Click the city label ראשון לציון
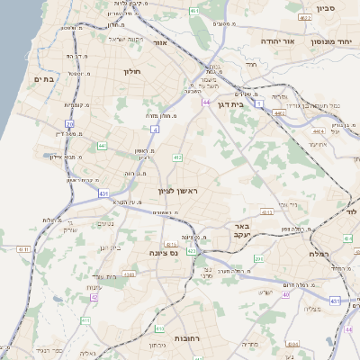(x=176, y=190)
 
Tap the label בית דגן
(x=231, y=105)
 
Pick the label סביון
(x=326, y=9)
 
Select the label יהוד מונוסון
(x=330, y=41)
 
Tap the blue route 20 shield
(x=69, y=123)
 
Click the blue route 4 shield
(x=155, y=130)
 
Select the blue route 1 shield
(x=260, y=105)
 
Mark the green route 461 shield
(x=194, y=10)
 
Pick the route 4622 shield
(x=305, y=17)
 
